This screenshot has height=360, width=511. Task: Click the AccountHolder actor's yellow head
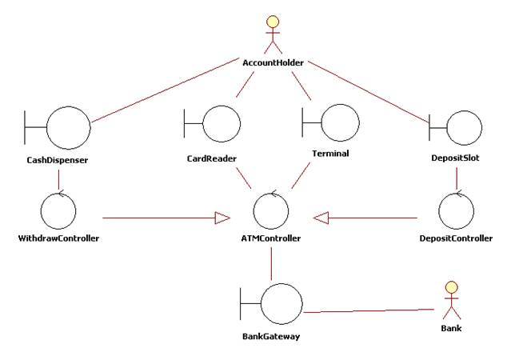(x=273, y=22)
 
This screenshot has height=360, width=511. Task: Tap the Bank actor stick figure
(x=451, y=301)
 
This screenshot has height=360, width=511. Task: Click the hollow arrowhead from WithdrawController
(x=222, y=218)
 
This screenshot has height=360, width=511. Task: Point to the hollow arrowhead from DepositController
(x=321, y=218)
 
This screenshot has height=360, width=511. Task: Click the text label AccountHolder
(x=273, y=62)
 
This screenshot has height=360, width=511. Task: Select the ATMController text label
(x=271, y=238)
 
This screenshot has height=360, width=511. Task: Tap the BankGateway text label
(x=271, y=336)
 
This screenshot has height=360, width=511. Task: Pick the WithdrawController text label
(x=58, y=238)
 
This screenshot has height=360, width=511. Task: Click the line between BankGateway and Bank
(x=369, y=310)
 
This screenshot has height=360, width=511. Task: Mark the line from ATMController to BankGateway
(x=271, y=263)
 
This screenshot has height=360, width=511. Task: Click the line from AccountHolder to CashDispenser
(x=166, y=90)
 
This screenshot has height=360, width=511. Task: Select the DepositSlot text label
(x=455, y=158)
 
